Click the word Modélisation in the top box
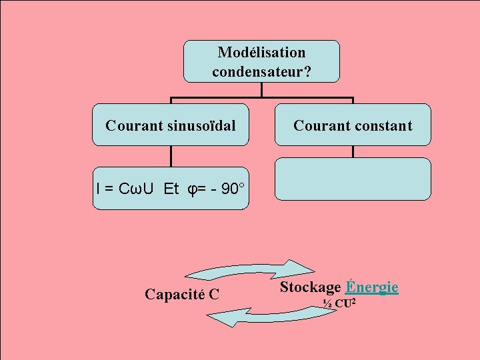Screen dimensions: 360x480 tap(261, 52)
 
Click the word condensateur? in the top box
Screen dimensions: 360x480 tap(261, 71)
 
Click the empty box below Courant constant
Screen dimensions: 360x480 tap(353, 179)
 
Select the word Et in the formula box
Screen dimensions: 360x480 tap(171, 189)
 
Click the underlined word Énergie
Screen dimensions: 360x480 tap(372, 287)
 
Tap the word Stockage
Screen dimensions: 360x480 tap(310, 287)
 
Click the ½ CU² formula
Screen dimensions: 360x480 tap(339, 304)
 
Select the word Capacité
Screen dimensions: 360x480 tap(175, 293)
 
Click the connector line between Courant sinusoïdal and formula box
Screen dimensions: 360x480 tap(171, 155)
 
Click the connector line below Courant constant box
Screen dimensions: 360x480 tap(353, 151)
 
